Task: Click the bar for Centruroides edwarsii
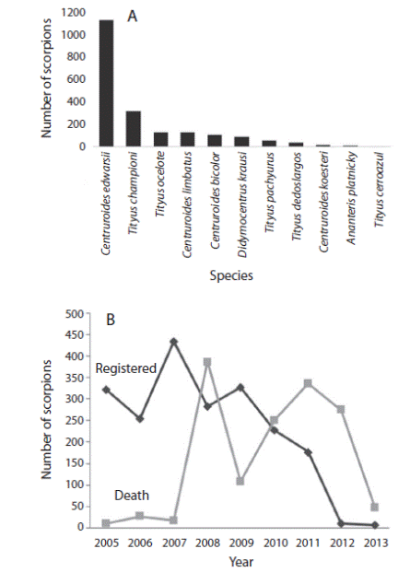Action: (x=107, y=84)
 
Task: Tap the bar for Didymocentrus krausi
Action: (x=241, y=142)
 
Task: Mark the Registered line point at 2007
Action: (x=173, y=342)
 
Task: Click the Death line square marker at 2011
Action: (x=308, y=383)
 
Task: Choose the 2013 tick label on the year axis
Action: (x=375, y=541)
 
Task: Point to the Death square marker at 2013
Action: (x=375, y=507)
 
